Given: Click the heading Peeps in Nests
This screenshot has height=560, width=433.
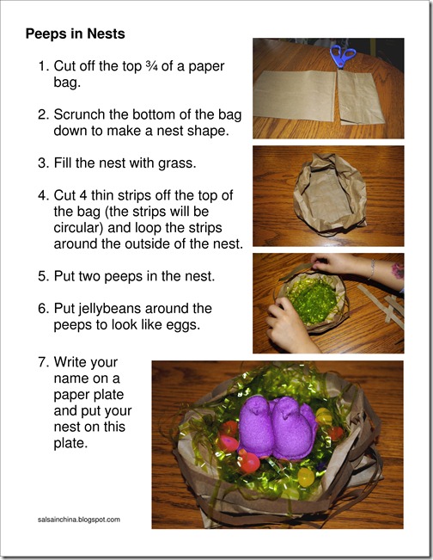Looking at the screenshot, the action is [x=76, y=34].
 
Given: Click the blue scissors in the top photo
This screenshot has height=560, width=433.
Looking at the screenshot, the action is [x=342, y=56].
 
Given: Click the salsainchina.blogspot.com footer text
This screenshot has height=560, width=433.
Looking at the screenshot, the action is [x=79, y=520].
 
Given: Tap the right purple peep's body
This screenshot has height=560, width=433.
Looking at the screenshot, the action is [x=294, y=436].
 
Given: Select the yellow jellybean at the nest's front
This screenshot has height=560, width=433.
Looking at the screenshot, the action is [x=306, y=477].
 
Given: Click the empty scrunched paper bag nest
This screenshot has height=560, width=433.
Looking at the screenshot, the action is [x=330, y=194].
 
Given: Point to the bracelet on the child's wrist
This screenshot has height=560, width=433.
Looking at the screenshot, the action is [x=372, y=269].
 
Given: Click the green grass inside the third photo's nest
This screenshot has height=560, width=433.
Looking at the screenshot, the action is [x=313, y=298].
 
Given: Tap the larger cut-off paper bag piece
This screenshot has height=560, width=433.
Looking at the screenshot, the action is [x=295, y=95].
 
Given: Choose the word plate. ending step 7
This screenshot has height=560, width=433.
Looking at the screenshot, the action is [x=70, y=444].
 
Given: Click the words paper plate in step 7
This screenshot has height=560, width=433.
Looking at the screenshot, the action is [x=88, y=395].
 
